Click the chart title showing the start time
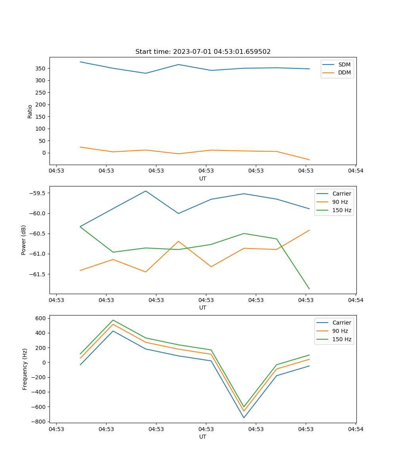[203, 52]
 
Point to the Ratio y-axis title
[30, 111]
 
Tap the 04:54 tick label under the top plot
[355, 171]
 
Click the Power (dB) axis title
[24, 240]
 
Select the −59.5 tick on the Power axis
[37, 193]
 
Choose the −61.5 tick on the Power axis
[37, 274]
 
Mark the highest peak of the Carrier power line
[146, 191]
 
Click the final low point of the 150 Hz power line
[309, 289]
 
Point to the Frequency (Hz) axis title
[25, 369]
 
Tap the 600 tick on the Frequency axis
[41, 318]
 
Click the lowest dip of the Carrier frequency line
[244, 418]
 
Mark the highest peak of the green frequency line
[113, 320]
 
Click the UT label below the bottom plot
[203, 437]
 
